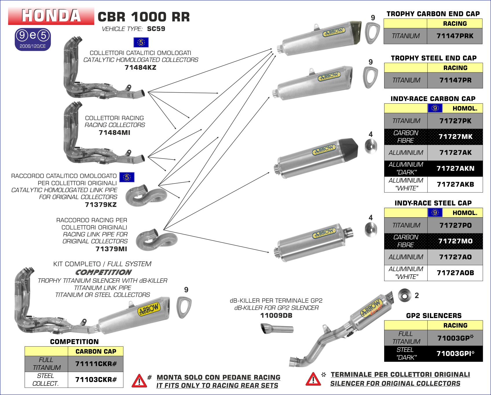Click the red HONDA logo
tap(51, 16)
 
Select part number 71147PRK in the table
tap(455, 36)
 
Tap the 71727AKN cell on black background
tap(455, 168)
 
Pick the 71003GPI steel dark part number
tap(455, 354)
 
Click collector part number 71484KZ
tap(140, 68)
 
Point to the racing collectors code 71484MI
tap(114, 133)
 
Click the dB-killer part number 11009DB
tap(276, 315)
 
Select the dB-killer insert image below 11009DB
tap(277, 329)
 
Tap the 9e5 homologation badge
tap(33, 39)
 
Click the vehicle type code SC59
tap(156, 29)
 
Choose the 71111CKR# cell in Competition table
tap(96, 364)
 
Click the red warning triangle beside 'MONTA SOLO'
tap(139, 381)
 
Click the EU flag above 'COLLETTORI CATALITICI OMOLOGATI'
tap(141, 43)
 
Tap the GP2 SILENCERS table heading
tap(434, 316)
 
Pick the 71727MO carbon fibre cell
tap(455, 241)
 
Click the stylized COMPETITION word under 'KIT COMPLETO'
tap(103, 272)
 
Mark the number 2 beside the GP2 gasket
tap(417, 295)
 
